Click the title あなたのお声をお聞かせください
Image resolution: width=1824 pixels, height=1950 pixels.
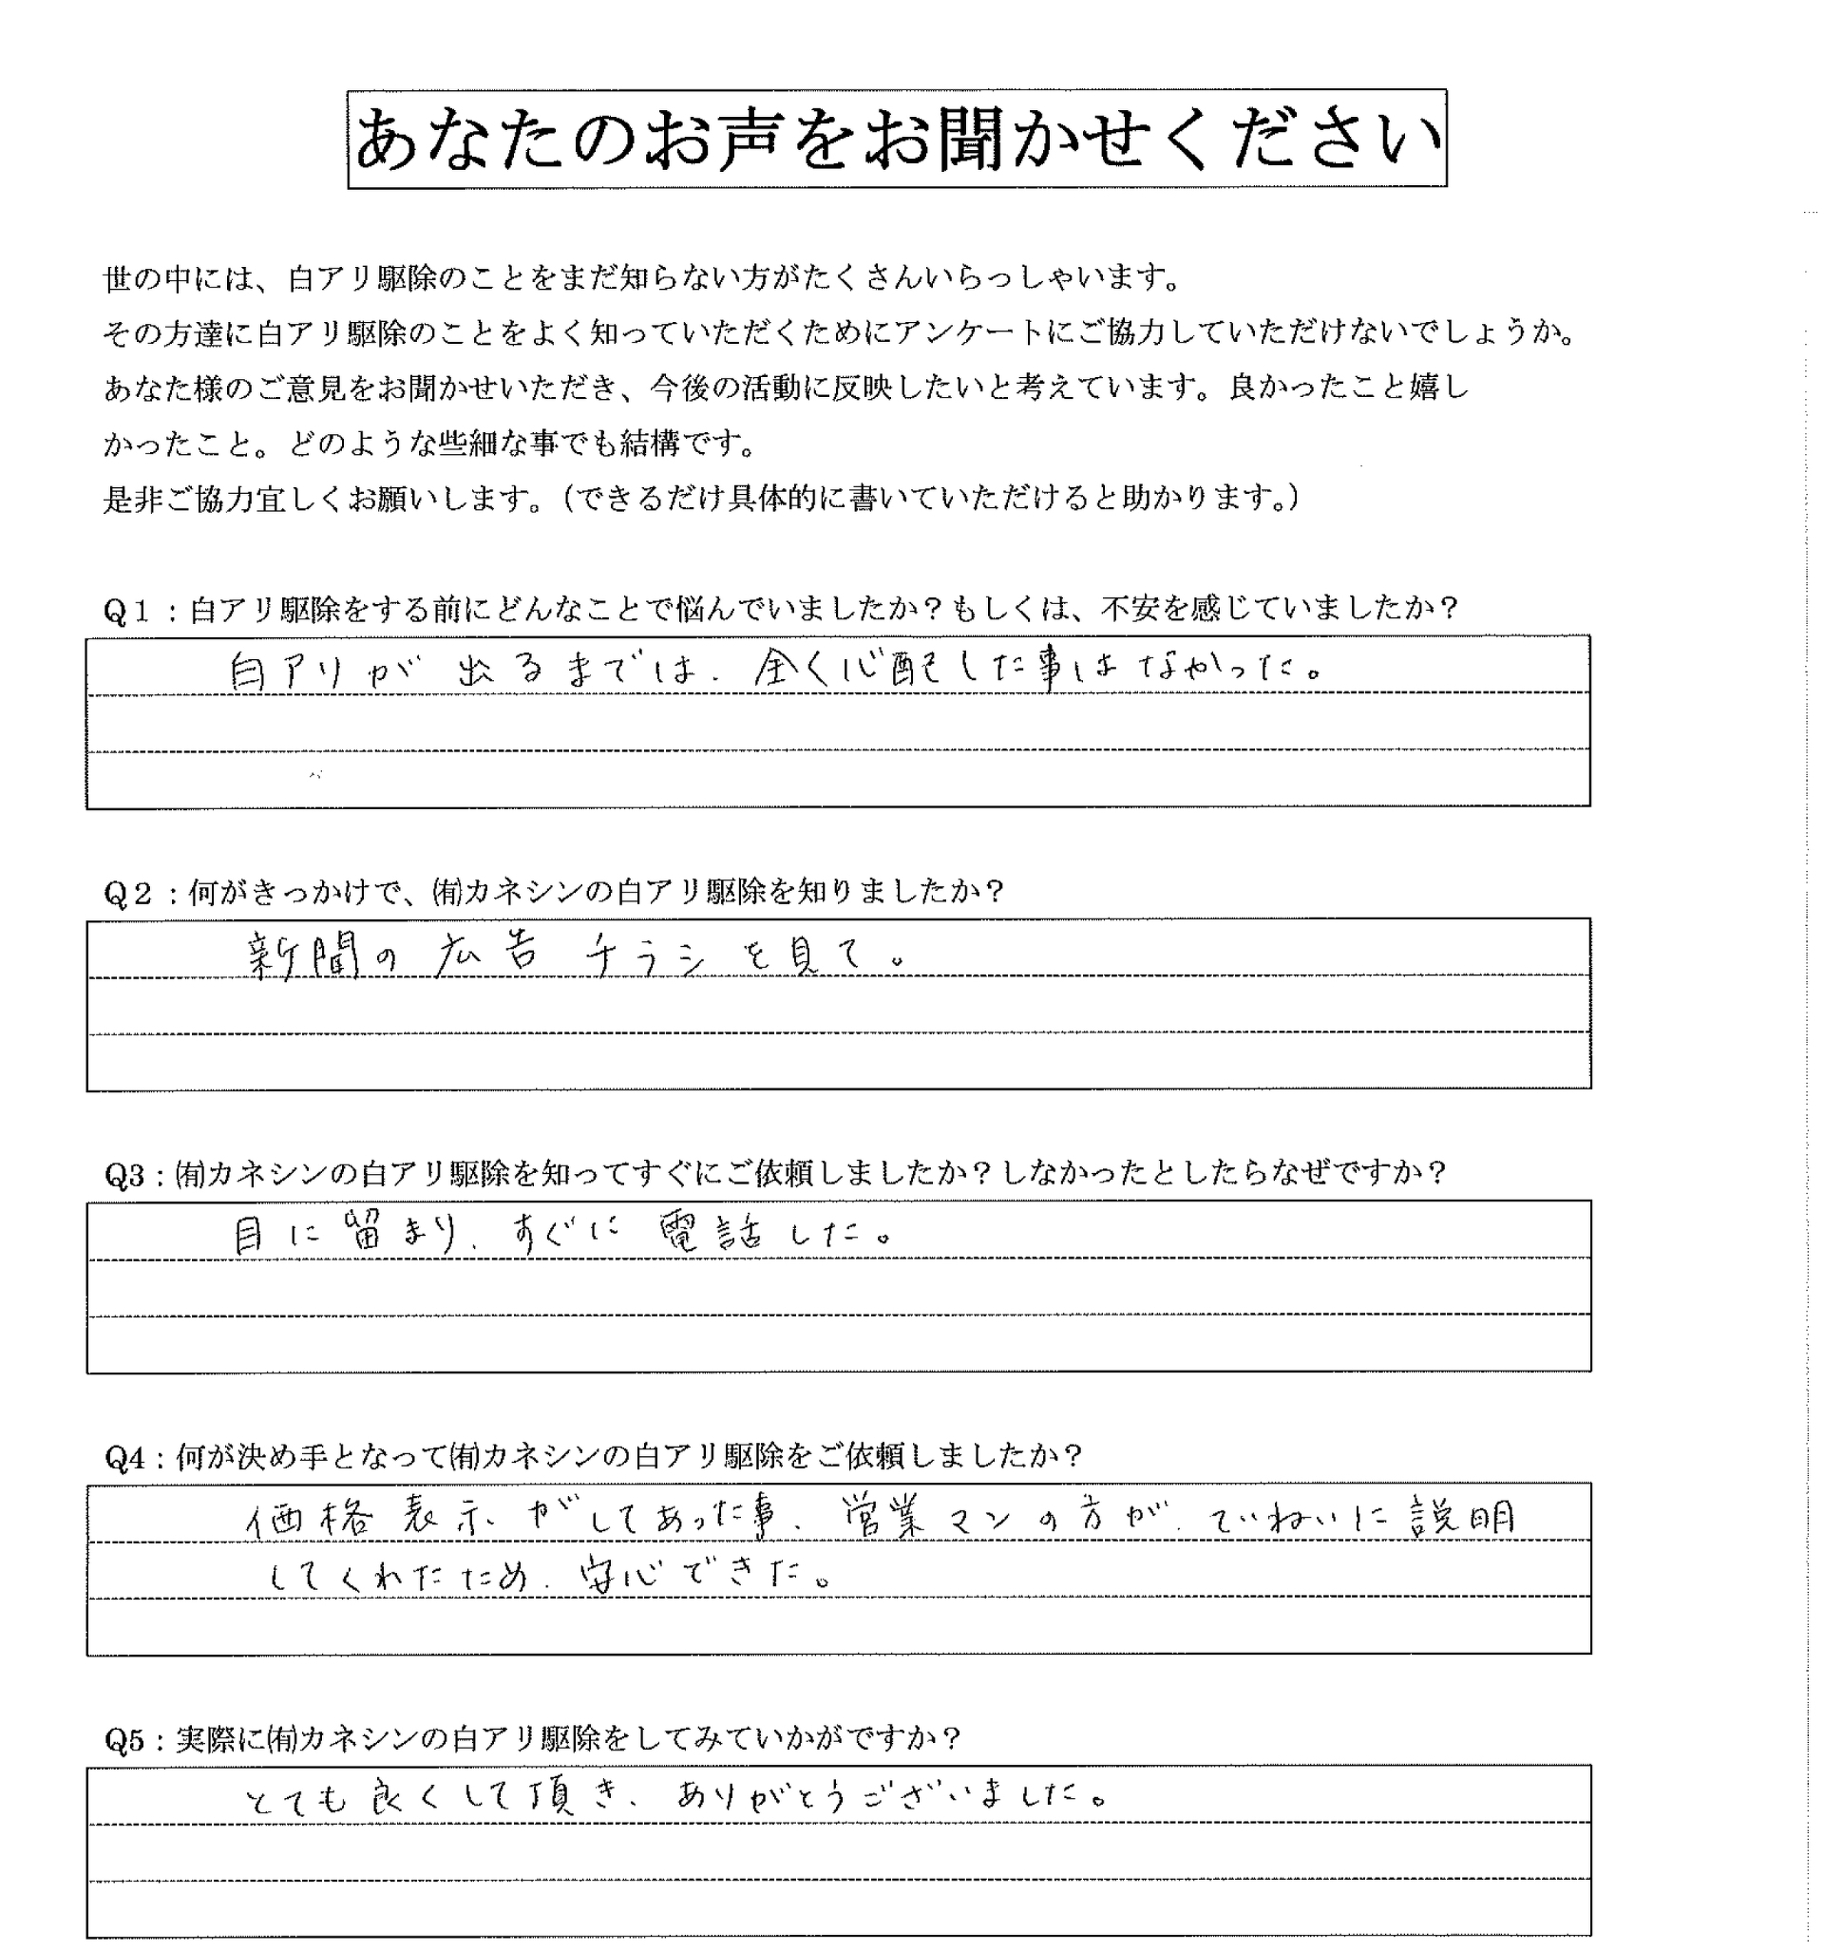pyautogui.click(x=896, y=140)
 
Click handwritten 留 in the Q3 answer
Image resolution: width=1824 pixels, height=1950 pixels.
pyautogui.click(x=365, y=1235)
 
